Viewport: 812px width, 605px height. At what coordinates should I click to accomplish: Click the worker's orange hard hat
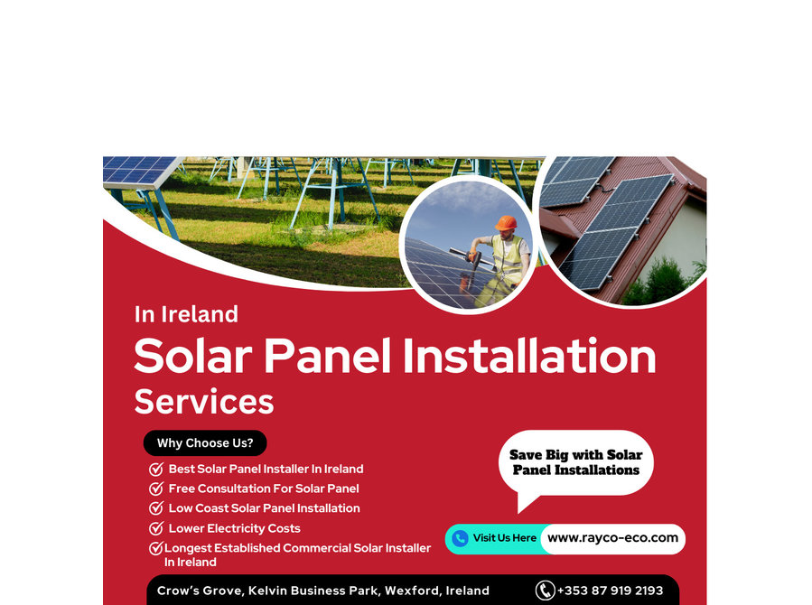[506, 223]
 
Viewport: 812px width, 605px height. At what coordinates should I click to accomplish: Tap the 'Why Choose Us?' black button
[205, 443]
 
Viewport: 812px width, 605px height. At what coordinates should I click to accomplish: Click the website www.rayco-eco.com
[612, 538]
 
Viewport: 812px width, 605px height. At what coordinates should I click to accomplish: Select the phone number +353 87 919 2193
[610, 591]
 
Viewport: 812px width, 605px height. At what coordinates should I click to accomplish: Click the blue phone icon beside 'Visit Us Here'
[460, 539]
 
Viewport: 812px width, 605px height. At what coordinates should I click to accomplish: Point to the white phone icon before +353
[545, 591]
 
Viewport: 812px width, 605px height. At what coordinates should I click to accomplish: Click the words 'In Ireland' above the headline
[186, 314]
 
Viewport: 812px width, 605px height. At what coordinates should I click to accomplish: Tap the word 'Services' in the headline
[204, 402]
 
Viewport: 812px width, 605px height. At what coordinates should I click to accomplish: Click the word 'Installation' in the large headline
[529, 356]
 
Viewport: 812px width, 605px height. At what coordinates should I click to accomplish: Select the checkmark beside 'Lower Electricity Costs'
[156, 528]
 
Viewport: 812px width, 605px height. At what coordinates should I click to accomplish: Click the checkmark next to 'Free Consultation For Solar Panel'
[156, 489]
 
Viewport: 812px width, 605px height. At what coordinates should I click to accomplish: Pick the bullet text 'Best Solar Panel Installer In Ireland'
[266, 469]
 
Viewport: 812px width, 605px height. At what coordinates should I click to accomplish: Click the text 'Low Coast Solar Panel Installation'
[264, 508]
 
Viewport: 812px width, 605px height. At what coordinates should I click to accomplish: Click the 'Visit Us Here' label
[504, 537]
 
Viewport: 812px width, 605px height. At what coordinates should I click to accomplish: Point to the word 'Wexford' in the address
[411, 591]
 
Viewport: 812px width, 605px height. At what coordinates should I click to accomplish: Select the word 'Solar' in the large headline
[193, 356]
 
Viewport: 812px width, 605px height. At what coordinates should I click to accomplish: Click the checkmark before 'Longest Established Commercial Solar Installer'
[156, 548]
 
